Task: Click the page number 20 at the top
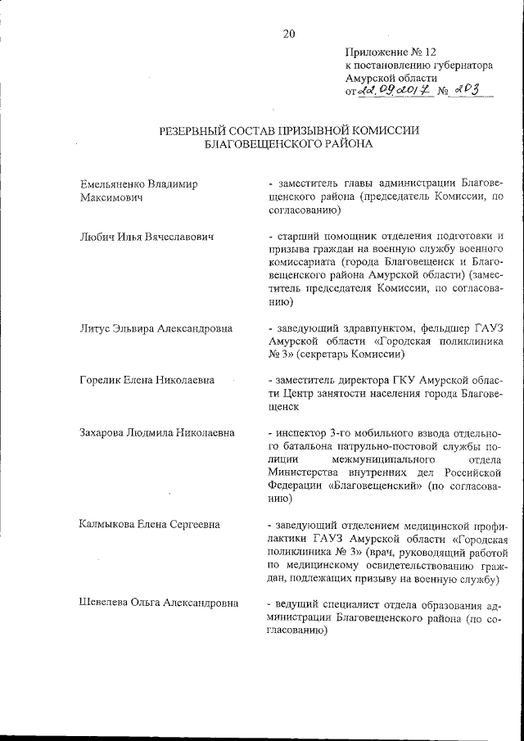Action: coord(288,34)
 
